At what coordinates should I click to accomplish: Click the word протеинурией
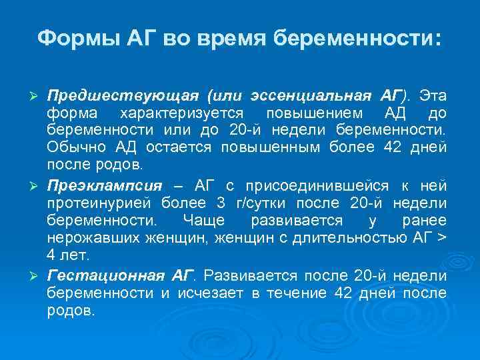tap(99, 203)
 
